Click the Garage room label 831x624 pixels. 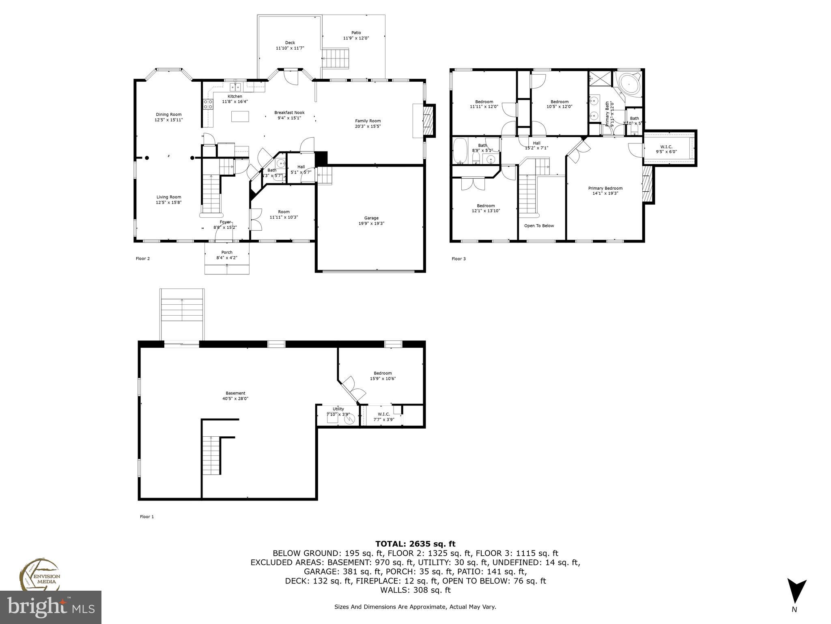pos(371,218)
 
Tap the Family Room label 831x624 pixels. pos(368,121)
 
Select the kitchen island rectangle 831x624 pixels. pos(240,116)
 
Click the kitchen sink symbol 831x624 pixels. pos(235,87)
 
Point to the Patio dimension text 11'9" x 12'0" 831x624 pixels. pos(356,38)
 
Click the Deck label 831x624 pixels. pos(290,43)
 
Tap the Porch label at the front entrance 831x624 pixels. pos(226,252)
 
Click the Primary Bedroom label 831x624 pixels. pos(605,188)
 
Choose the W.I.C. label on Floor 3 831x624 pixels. pos(666,147)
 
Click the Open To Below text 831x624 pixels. pos(538,226)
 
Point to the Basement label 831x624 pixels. pos(235,393)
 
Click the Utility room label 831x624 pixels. pos(338,409)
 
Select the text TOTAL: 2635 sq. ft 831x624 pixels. pos(415,544)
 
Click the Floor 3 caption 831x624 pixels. pos(459,259)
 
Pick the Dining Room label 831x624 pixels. pos(168,115)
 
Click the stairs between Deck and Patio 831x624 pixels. pos(336,58)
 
